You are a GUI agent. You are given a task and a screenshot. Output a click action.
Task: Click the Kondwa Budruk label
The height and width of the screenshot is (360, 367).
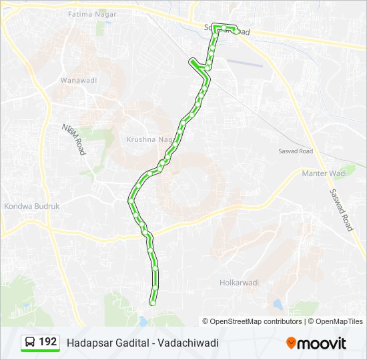[x=32, y=206]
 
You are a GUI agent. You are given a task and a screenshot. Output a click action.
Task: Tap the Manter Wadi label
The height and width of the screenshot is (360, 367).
[x=325, y=173]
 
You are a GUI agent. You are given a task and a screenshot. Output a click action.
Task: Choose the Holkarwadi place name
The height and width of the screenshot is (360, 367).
[x=239, y=283]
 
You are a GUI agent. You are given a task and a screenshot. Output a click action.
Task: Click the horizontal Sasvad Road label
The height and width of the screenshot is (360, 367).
[x=295, y=151]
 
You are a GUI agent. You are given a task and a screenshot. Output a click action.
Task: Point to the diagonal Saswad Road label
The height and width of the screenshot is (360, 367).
[x=340, y=209]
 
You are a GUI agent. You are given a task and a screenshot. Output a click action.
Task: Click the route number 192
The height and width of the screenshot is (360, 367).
[x=48, y=342]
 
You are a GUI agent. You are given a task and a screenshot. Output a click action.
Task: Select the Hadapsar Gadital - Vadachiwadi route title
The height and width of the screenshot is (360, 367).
[x=143, y=343]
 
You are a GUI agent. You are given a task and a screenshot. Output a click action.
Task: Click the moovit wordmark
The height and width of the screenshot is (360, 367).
[x=322, y=343]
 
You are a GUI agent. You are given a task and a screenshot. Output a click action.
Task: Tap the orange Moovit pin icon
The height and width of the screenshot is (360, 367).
[x=291, y=343]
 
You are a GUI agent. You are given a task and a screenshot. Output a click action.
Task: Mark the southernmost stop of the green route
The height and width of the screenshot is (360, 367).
[x=153, y=303]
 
